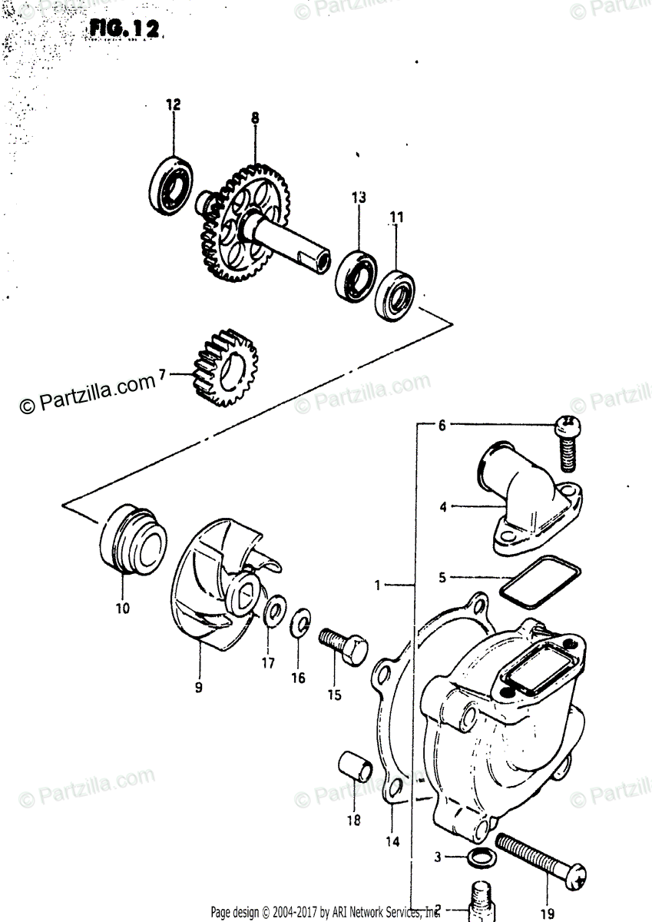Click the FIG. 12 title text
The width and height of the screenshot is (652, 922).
[x=124, y=29]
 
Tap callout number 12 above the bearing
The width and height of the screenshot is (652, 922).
[x=173, y=104]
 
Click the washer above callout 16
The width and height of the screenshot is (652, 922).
[x=301, y=626]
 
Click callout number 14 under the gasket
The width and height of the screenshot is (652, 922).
[x=392, y=841]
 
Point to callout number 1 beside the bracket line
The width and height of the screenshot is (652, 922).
[x=378, y=586]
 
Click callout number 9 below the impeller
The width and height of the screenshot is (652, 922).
[x=198, y=688]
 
